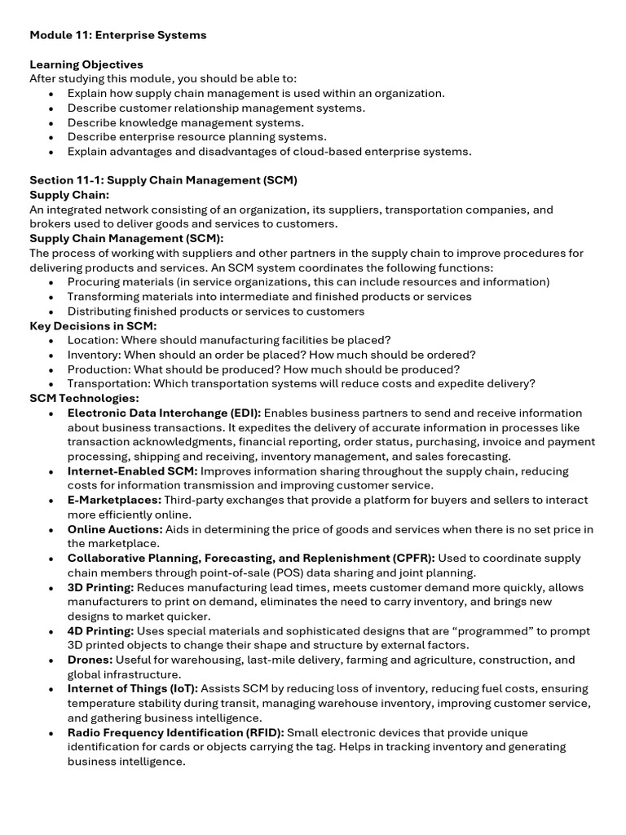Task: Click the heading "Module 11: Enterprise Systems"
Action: [x=118, y=35]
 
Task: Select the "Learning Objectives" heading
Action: [x=86, y=64]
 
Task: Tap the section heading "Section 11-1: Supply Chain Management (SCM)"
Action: [x=163, y=180]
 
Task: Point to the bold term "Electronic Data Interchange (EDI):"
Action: [x=164, y=413]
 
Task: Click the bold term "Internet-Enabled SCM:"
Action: [x=132, y=471]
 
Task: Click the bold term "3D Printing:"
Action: [x=101, y=587]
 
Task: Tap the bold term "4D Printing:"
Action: [x=101, y=631]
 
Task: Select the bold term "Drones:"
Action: [x=90, y=660]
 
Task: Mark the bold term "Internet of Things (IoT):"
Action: [x=133, y=689]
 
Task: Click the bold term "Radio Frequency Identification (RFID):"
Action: [x=176, y=732]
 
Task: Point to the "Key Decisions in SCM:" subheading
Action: [x=93, y=325]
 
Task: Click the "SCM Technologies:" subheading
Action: [x=84, y=398]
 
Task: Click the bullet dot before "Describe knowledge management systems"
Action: [x=51, y=123]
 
